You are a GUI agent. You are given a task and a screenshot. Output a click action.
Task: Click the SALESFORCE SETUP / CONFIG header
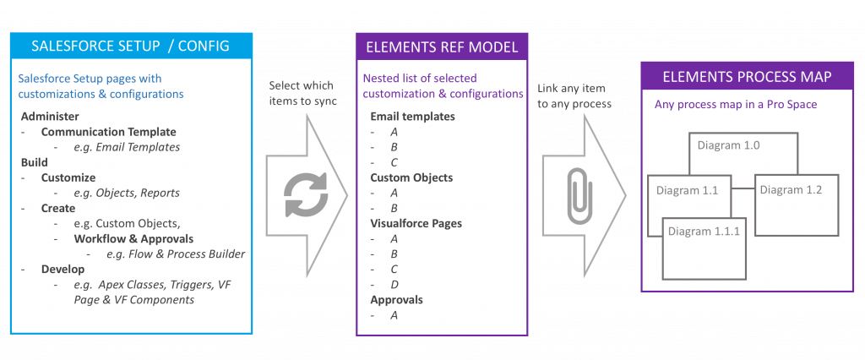pyautogui.click(x=130, y=46)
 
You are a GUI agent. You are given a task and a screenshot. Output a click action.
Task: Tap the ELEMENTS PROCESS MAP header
pyautogui.click(x=747, y=77)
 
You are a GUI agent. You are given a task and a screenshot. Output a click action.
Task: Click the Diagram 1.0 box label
pyautogui.click(x=728, y=145)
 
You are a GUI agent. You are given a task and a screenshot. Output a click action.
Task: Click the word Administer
pyautogui.click(x=49, y=116)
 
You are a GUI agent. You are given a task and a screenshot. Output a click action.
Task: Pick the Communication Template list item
pyautogui.click(x=108, y=132)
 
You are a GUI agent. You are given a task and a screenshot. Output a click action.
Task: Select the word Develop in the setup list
pyautogui.click(x=63, y=269)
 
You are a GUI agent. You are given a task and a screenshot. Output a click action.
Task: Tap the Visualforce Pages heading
pyautogui.click(x=416, y=223)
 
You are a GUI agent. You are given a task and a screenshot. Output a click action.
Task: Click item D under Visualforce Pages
pyautogui.click(x=394, y=284)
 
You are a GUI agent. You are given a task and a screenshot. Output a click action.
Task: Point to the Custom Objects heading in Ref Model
pyautogui.click(x=411, y=177)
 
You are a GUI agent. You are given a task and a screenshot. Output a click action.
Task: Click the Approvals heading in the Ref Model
pyautogui.click(x=396, y=299)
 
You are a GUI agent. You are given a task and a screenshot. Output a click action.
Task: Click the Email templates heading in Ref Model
pyautogui.click(x=412, y=117)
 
